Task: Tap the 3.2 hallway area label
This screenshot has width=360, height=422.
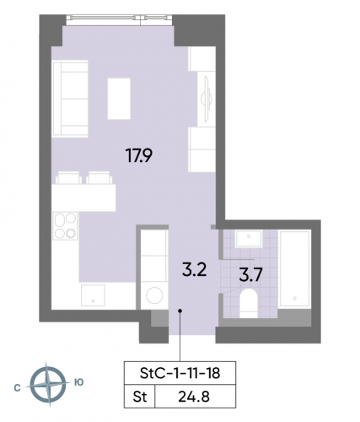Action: [x=195, y=270]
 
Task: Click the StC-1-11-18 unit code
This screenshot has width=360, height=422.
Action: [x=174, y=372]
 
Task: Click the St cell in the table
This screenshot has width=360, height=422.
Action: [x=140, y=394]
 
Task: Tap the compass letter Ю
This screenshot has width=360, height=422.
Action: [x=78, y=383]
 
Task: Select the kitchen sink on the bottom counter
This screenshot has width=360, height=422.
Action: [x=93, y=295]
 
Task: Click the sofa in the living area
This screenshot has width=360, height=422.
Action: [x=70, y=97]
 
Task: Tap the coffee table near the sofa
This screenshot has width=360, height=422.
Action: [x=119, y=98]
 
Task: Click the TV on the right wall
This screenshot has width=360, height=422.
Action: [x=205, y=100]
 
